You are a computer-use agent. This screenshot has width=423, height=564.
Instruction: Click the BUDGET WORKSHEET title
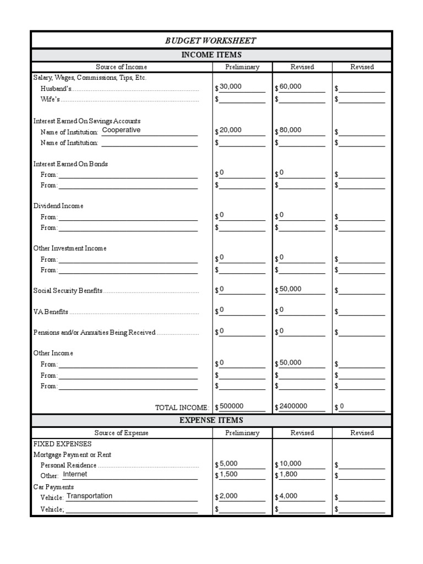tap(211, 41)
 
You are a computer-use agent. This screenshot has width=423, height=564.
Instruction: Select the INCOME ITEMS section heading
tap(211, 55)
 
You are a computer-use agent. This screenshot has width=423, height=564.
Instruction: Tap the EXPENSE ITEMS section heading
tap(211, 420)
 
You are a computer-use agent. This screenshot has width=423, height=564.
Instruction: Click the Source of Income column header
tap(122, 67)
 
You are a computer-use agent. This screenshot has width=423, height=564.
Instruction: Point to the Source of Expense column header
tap(122, 433)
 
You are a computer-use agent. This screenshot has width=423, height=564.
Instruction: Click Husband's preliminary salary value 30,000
tap(230, 87)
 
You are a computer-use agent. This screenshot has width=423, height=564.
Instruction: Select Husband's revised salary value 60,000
tap(290, 87)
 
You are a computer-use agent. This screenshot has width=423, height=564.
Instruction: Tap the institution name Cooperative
tap(121, 130)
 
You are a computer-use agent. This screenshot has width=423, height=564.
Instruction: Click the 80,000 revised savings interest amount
tap(290, 131)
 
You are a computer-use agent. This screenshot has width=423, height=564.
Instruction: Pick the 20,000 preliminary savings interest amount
tap(230, 131)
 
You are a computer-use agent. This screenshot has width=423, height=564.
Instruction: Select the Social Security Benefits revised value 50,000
tap(290, 289)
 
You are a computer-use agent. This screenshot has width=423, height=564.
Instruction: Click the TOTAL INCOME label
tap(182, 408)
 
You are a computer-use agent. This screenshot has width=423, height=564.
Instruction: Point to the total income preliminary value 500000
tap(231, 406)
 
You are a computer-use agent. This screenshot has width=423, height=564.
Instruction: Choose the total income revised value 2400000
tap(293, 406)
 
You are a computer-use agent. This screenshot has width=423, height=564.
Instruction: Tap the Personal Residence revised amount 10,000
tap(290, 464)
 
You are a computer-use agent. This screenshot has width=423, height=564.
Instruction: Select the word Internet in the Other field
tap(75, 474)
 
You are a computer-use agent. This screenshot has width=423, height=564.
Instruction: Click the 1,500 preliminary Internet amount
tap(228, 474)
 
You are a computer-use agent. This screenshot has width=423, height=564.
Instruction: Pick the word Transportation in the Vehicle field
tap(89, 496)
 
